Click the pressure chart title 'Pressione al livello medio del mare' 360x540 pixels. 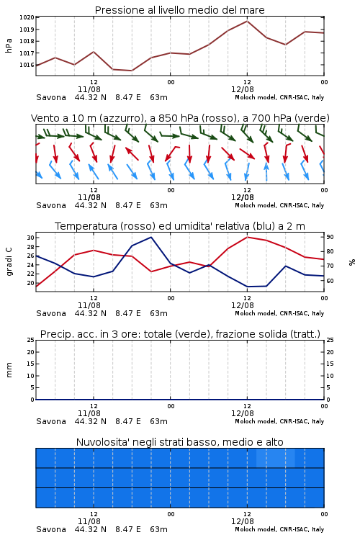179,10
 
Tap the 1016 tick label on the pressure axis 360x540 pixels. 27,65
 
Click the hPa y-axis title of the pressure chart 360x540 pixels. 9,46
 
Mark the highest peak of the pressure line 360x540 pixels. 247,21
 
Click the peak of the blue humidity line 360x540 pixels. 151,237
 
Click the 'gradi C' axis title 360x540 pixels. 9,262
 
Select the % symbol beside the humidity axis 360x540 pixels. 352,262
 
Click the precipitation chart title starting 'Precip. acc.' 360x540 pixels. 180,334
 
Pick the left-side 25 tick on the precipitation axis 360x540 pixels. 30,340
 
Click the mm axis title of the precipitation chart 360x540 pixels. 9,370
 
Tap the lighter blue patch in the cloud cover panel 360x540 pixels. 276,458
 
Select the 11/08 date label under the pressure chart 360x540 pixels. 89,89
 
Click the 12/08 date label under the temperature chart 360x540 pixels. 242,305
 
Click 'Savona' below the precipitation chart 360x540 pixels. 51,421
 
